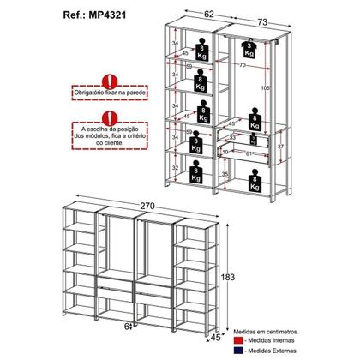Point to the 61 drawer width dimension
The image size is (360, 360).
point(248,153)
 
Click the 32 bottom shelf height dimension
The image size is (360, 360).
point(175,168)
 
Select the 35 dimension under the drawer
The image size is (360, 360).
point(224,174)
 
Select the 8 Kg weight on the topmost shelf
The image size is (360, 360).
point(198,45)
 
